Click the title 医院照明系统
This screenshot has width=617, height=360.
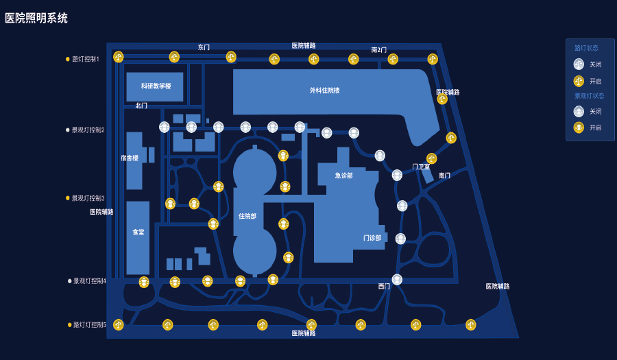coord(36,19)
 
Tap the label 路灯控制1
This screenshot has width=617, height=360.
coord(86,59)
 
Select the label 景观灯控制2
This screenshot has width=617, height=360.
coord(88,130)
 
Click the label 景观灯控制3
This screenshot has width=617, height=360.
coord(88,198)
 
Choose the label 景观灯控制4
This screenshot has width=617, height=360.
coord(90,281)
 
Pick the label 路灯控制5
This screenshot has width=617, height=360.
coord(90,325)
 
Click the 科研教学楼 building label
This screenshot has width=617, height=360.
coord(156,86)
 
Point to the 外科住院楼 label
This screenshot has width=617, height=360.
coord(324,91)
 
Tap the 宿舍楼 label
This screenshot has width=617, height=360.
coord(130,158)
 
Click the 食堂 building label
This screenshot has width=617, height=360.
coord(138,232)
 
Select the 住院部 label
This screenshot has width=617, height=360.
coord(247,217)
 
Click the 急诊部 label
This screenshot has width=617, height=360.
coord(344,176)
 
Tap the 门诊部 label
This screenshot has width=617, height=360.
coord(372,239)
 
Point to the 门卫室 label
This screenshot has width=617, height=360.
coord(421,167)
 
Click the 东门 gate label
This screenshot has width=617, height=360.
coord(204,47)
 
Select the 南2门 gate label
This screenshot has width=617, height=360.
coord(379,50)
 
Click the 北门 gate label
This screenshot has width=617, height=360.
coord(141,106)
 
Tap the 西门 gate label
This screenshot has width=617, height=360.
coord(384,287)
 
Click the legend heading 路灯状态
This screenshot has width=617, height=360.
coord(586,48)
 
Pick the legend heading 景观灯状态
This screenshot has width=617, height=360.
coord(589,96)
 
